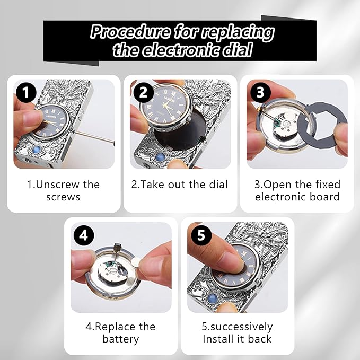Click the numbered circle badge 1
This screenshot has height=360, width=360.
[x=26, y=93]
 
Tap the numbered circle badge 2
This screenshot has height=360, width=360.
[x=144, y=93]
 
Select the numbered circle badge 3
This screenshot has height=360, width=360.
[x=260, y=92]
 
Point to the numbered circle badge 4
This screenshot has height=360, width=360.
[x=84, y=235]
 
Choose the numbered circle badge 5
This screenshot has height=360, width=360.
[x=201, y=235]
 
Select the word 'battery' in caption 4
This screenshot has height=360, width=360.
[x=121, y=339]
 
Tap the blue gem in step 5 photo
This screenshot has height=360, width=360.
[x=212, y=298]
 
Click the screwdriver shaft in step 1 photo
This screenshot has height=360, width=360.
[x=93, y=136]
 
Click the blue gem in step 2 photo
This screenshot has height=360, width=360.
[x=160, y=157]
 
